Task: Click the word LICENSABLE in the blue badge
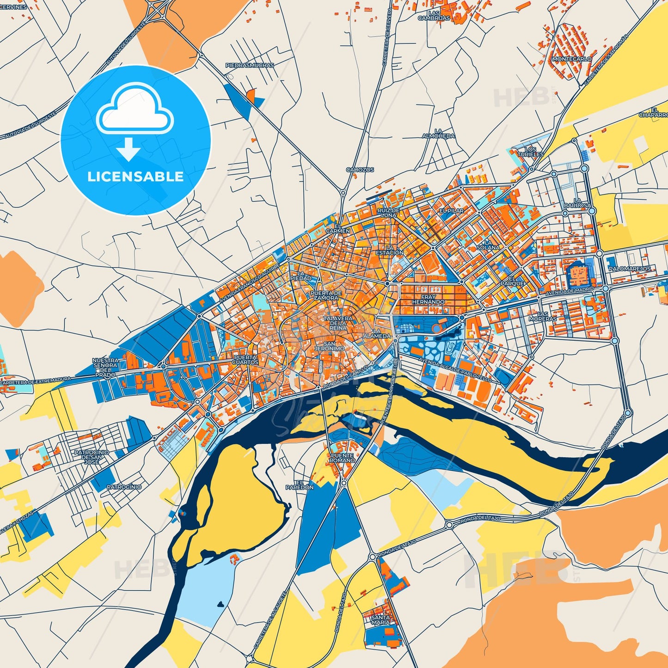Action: pos(135,177)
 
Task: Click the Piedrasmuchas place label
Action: pos(250,66)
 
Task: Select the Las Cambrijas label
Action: pos(434,16)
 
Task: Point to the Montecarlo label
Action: pos(572,59)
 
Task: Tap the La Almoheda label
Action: pos(438,134)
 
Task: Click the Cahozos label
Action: pos(360,170)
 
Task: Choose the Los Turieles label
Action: pos(531,152)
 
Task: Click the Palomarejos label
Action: pos(629,269)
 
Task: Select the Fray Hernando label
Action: pos(429,300)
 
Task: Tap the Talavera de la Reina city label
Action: pos(338,323)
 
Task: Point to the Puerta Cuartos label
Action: pos(245,360)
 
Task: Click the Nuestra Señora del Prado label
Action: pos(105,368)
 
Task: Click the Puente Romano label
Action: pos(342,458)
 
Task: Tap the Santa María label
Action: pos(380,620)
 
